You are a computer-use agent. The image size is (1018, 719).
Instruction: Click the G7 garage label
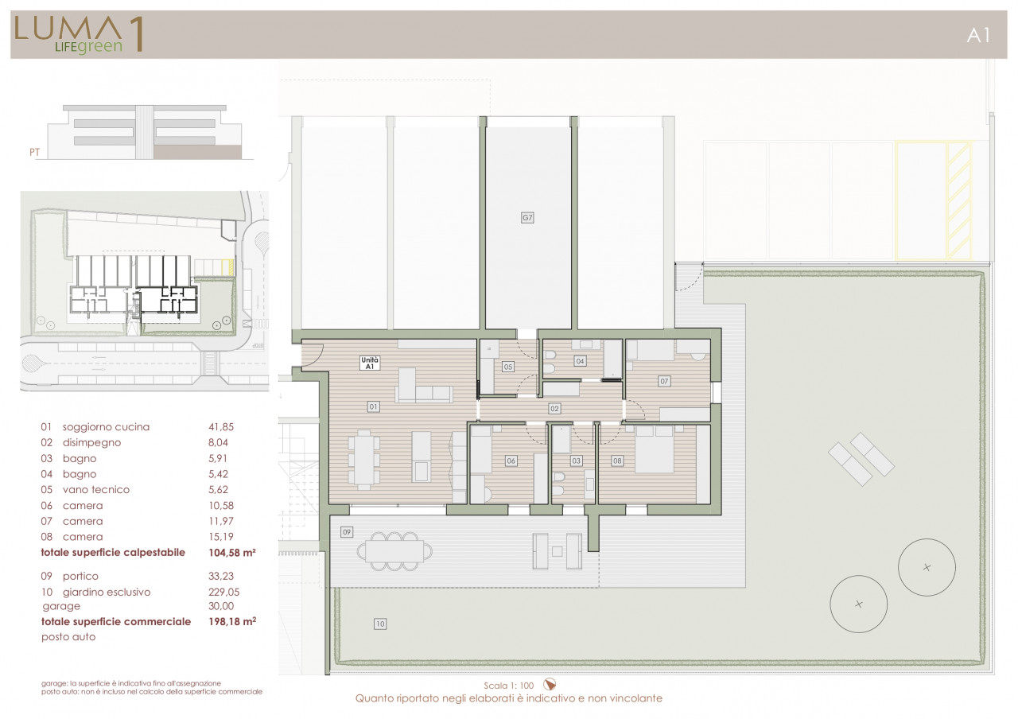tap(527, 218)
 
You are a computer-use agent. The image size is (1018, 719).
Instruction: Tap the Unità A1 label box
tap(370, 363)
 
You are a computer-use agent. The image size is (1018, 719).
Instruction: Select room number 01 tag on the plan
tap(373, 406)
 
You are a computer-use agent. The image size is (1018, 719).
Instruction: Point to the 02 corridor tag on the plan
tap(554, 409)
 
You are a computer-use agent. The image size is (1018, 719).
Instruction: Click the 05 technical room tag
tap(508, 367)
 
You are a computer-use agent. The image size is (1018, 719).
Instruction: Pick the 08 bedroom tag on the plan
tap(617, 461)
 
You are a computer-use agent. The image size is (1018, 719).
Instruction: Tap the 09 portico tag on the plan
tap(347, 532)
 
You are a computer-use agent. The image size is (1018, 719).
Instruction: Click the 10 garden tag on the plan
tap(380, 624)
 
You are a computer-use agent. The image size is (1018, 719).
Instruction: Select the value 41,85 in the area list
tap(221, 427)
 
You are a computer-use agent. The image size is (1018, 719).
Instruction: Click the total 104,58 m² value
tap(231, 552)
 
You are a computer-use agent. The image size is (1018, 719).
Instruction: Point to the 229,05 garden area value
tap(223, 592)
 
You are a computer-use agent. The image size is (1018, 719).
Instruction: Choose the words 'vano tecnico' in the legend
tap(96, 489)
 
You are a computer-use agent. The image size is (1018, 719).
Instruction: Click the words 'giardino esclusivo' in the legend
tap(107, 592)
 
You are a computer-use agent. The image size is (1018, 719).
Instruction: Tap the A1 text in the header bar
tap(978, 36)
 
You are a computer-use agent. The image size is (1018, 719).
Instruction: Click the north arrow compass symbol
tap(550, 685)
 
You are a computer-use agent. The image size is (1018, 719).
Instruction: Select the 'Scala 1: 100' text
tap(508, 686)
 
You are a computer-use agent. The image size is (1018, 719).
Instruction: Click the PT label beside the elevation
tap(34, 152)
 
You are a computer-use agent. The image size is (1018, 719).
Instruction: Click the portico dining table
tap(394, 551)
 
